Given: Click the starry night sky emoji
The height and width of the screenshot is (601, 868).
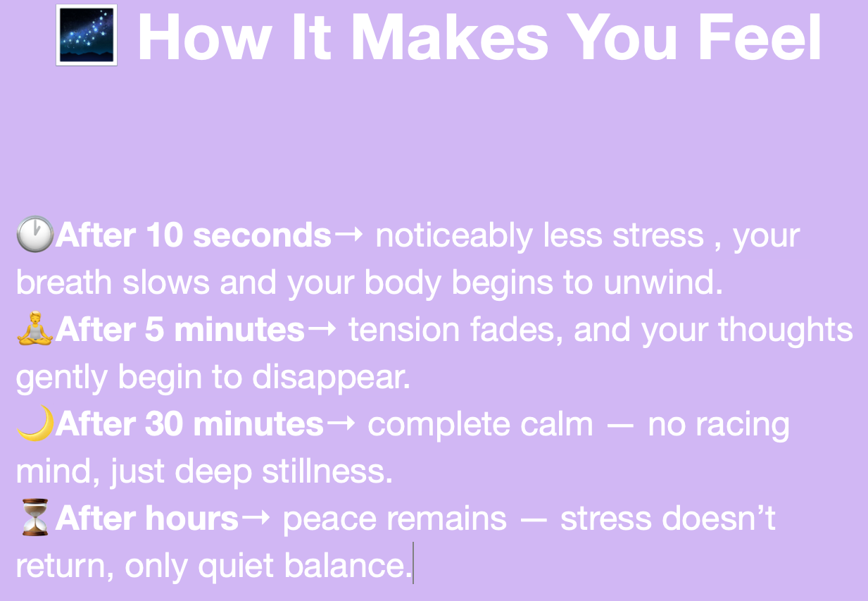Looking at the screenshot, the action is click(x=87, y=35).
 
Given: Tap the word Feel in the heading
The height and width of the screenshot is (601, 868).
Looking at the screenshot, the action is click(x=759, y=37).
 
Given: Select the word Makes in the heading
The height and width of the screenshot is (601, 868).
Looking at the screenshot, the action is click(x=450, y=37).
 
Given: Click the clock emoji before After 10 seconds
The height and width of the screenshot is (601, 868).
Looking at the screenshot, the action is click(x=35, y=234).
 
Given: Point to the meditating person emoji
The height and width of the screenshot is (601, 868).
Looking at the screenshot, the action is click(x=35, y=328).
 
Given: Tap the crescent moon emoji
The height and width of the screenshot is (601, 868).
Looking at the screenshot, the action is click(x=36, y=423).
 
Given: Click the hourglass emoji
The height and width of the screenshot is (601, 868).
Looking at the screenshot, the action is click(x=35, y=517).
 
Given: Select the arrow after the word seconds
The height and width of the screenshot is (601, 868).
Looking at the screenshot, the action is click(x=348, y=235).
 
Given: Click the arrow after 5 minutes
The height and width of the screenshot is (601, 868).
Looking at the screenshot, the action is click(x=322, y=329).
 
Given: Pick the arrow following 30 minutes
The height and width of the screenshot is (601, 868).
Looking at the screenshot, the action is click(x=341, y=423).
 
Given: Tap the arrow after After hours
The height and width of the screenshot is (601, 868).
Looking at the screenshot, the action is click(x=256, y=518).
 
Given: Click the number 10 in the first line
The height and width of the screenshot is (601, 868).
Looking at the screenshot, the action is click(x=164, y=235).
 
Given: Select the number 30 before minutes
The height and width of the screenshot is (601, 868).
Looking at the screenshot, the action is click(x=164, y=423).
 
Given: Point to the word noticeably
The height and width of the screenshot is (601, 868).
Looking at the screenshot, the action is click(x=454, y=236).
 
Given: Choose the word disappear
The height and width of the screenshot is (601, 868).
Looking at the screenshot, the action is click(x=332, y=378).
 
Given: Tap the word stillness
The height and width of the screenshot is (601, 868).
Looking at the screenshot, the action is click(x=327, y=471).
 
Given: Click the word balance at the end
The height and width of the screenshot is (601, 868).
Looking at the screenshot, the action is click(x=348, y=565).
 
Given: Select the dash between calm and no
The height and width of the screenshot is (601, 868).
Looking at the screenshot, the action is click(x=620, y=426).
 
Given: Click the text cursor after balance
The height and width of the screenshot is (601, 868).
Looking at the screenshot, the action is click(x=413, y=563).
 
